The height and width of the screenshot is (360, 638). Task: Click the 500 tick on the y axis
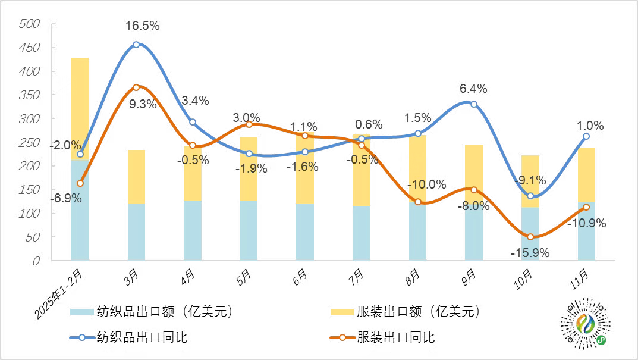click(29, 24)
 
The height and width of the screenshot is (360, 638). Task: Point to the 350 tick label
click(29, 95)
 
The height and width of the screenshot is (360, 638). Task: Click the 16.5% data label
click(142, 26)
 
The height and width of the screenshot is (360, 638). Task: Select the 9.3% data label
click(142, 105)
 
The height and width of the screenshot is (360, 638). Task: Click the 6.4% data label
click(473, 89)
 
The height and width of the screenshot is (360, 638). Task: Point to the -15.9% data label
click(530, 252)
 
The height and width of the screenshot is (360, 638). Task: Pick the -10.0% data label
click(427, 184)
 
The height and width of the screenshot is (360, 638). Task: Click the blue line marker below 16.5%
click(136, 45)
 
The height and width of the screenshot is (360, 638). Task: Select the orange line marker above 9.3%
click(136, 87)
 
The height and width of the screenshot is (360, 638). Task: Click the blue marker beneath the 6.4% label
click(473, 104)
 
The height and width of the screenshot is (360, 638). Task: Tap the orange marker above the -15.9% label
click(530, 237)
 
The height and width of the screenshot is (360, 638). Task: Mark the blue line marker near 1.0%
click(586, 136)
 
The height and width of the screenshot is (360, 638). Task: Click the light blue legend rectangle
click(82, 312)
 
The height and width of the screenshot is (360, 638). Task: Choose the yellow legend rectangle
click(342, 312)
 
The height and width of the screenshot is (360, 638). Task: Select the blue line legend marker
click(82, 337)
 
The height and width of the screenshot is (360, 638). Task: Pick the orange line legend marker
click(342, 337)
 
